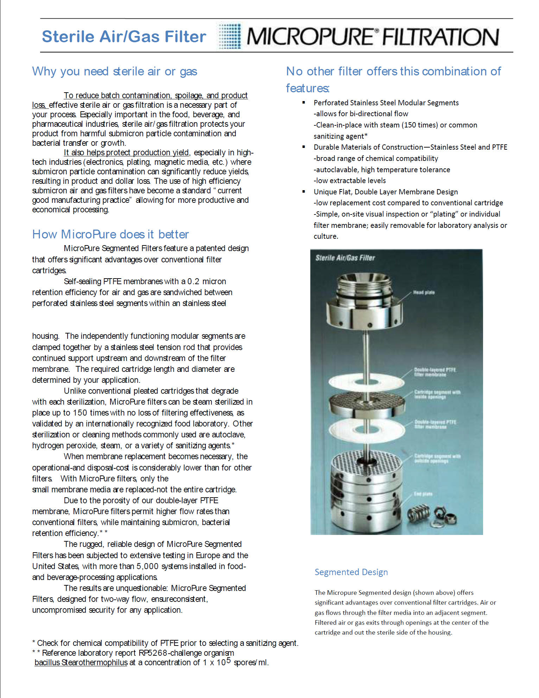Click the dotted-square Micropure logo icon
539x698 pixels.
tap(230, 36)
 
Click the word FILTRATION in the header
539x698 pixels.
tap(440, 37)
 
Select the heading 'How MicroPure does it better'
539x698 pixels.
tap(110, 234)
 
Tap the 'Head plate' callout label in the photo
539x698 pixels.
tap(424, 292)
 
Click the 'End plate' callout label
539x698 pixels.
tap(423, 494)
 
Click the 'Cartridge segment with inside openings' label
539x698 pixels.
tap(437, 394)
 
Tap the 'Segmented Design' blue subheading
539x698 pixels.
tap(351, 572)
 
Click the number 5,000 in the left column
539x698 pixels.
tap(147, 566)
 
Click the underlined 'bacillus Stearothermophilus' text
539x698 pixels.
tap(81, 662)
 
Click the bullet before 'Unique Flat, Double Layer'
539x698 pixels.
tap(304, 192)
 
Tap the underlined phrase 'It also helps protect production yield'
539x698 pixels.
tap(127, 152)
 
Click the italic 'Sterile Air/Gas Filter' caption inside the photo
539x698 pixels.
tap(345, 258)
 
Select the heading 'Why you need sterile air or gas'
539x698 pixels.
tap(114, 71)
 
